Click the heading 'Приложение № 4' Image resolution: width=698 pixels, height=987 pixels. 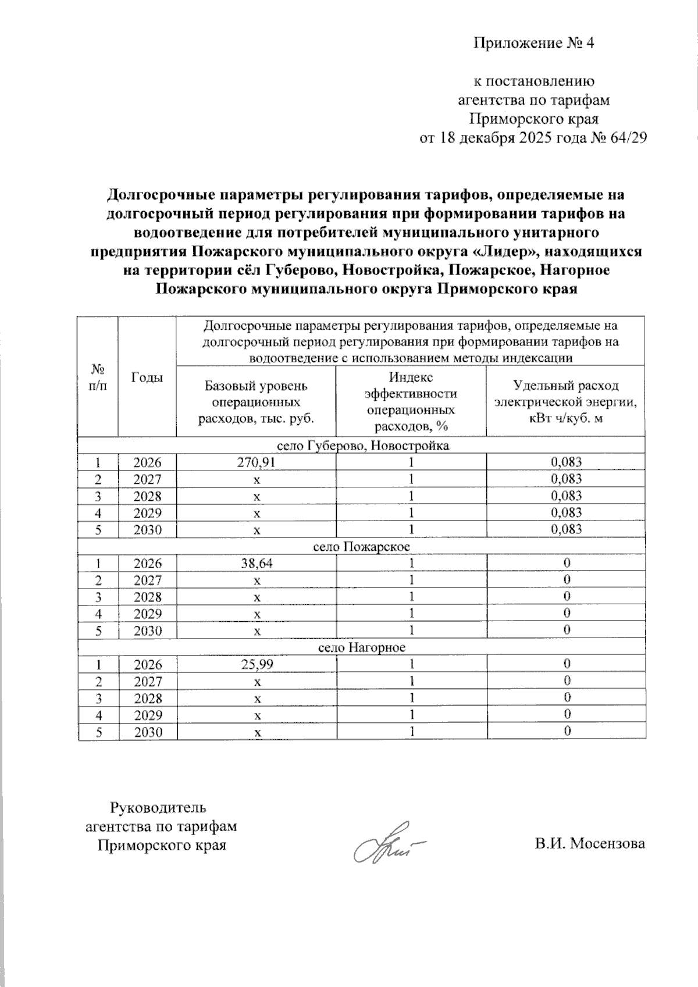tap(534, 44)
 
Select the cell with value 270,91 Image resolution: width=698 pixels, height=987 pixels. tap(256, 462)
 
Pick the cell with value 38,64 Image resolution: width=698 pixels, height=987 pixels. tap(256, 564)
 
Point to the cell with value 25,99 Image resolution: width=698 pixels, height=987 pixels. tap(256, 665)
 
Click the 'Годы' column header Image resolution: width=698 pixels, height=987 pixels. tap(147, 377)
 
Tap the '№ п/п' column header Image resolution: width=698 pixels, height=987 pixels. tap(98, 377)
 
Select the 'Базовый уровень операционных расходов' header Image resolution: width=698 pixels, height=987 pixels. tap(256, 401)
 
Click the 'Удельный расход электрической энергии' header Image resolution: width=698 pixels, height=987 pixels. tap(565, 401)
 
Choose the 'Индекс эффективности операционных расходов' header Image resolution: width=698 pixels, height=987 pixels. tap(411, 401)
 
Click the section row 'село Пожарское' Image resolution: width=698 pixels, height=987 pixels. tap(361, 547)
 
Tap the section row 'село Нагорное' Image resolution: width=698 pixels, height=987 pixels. tap(361, 648)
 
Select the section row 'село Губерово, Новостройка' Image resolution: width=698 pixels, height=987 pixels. tap(361, 446)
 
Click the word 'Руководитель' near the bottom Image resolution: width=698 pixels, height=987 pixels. tap(158, 808)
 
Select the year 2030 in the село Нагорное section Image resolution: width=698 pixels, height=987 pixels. tap(147, 732)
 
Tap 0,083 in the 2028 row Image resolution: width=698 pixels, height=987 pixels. tap(565, 496)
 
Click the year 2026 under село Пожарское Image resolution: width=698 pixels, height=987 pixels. tap(147, 564)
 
